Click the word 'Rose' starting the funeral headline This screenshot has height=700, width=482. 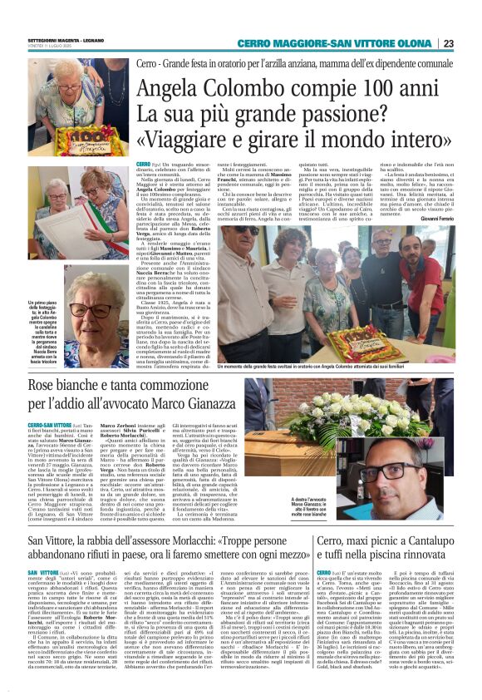point(47,386)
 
